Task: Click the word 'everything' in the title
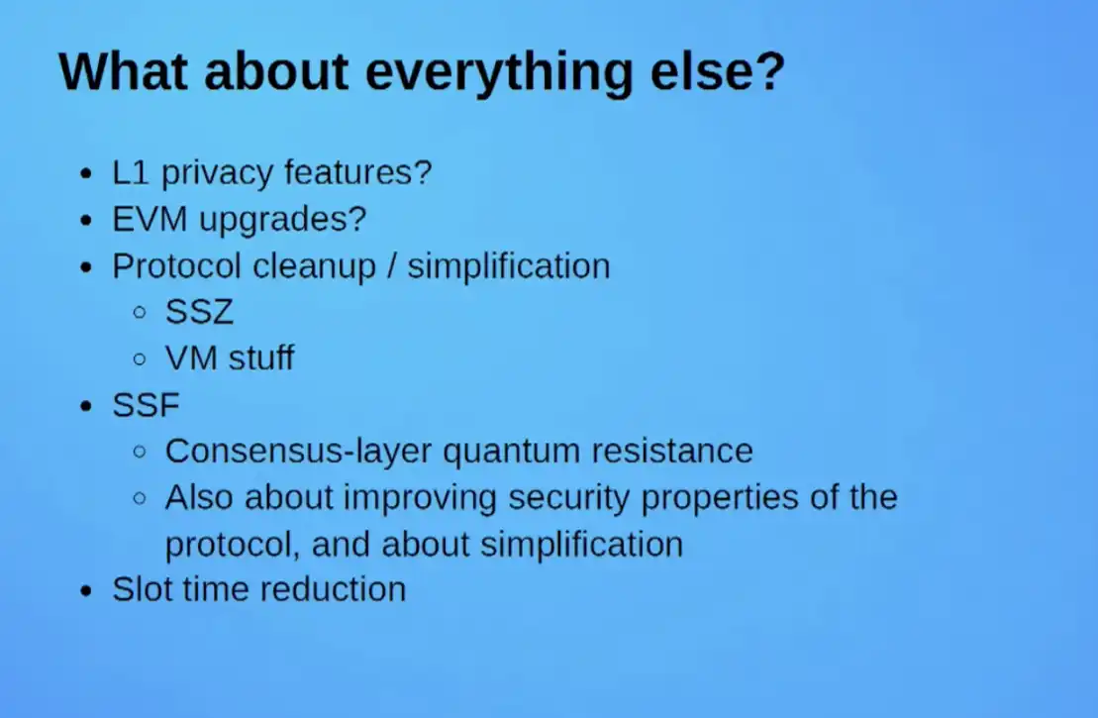click(499, 71)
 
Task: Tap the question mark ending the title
click(770, 70)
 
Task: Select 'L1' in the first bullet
click(131, 172)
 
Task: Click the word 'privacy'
click(217, 173)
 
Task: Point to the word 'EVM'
click(150, 219)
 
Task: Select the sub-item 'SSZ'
click(199, 312)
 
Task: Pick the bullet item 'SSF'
click(146, 405)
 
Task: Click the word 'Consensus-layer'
click(298, 452)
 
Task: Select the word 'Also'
click(199, 497)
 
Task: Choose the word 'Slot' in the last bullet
click(142, 589)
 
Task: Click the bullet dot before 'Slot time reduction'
click(86, 591)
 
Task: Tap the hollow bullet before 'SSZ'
click(140, 312)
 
